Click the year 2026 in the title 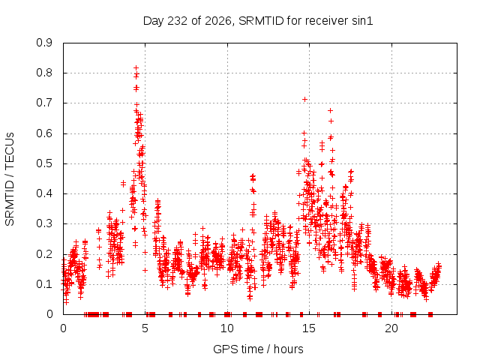(x=217, y=21)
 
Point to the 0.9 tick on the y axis (x=44, y=43)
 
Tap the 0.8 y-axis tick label (x=44, y=73)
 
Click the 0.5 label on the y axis (x=44, y=163)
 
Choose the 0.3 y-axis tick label (x=44, y=223)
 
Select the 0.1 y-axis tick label (x=44, y=284)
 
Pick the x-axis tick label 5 (x=145, y=328)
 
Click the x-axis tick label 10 (x=226, y=328)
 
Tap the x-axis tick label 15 (x=309, y=328)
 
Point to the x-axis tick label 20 (x=391, y=328)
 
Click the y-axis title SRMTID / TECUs (x=10, y=179)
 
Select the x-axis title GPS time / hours (x=258, y=349)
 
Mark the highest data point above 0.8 (x=136, y=67)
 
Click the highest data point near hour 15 (x=304, y=99)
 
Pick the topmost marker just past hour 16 (x=330, y=110)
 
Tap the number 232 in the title (x=178, y=21)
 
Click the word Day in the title (x=154, y=21)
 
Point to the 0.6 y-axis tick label (x=44, y=133)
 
